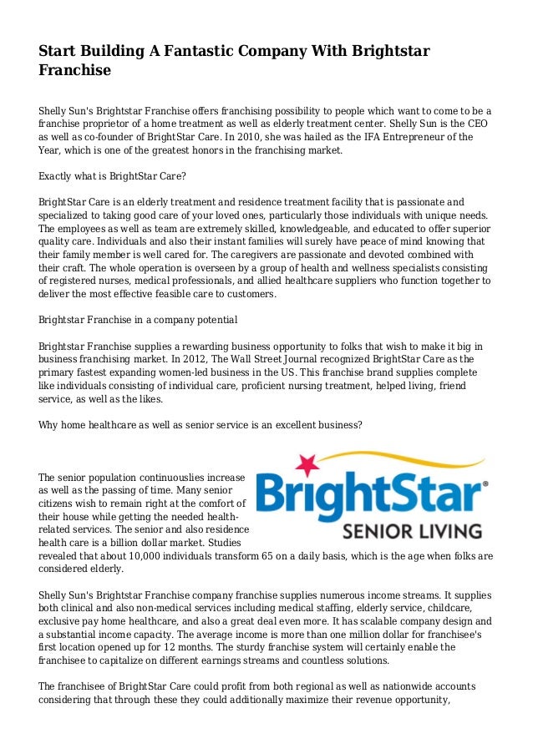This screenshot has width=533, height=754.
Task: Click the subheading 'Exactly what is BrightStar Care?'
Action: pos(113,177)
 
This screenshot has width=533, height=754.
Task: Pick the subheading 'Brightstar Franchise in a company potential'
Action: pos(139,320)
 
